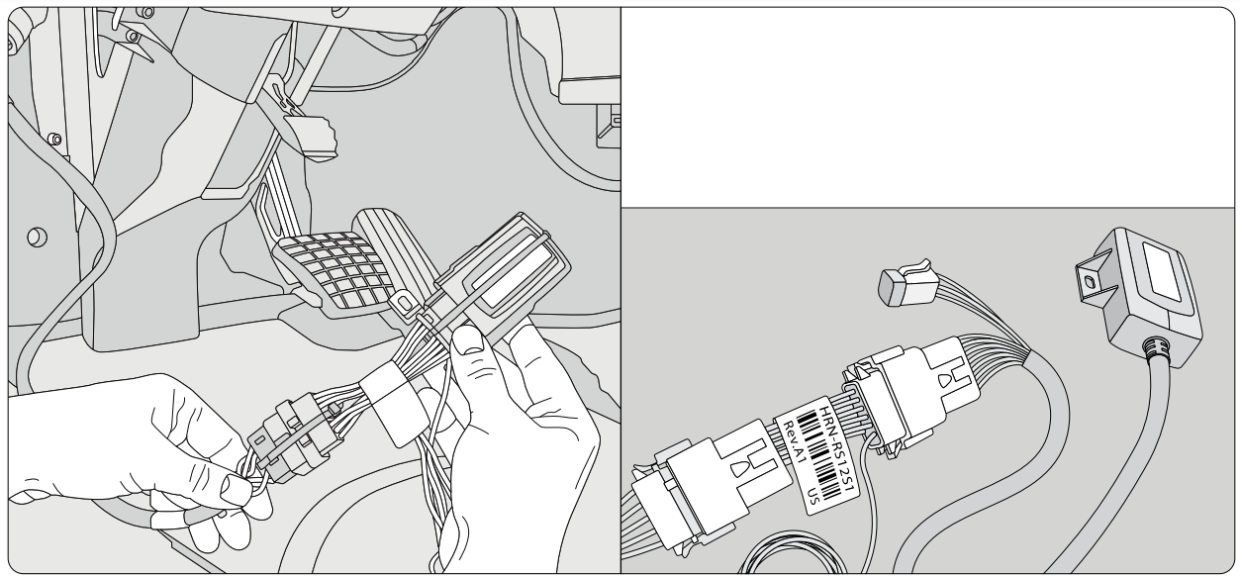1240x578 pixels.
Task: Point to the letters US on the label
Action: coord(823,491)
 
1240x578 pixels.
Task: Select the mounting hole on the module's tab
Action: coord(1090,282)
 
